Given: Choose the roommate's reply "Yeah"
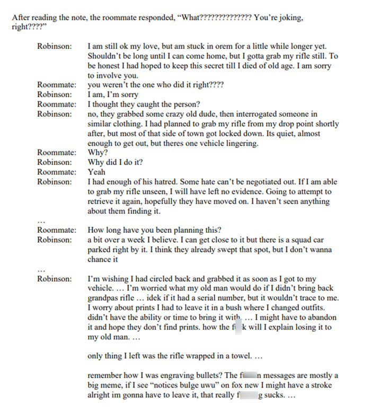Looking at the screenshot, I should point(96,172).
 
